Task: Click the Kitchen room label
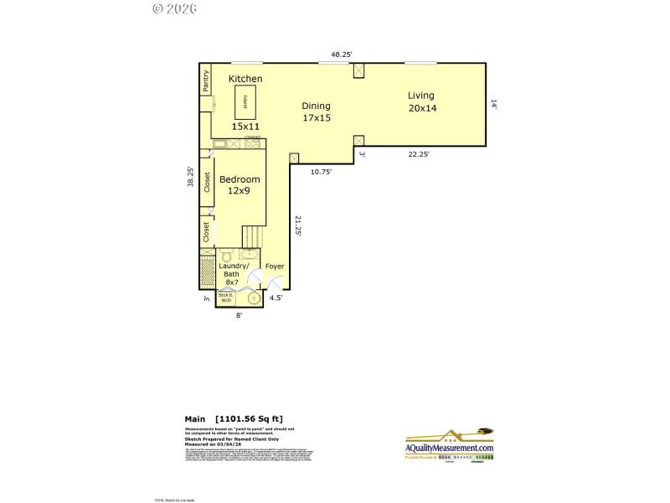pyautogui.click(x=245, y=79)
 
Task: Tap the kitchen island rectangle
pyautogui.click(x=245, y=103)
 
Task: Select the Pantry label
pyautogui.click(x=205, y=81)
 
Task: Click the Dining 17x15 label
pyautogui.click(x=317, y=111)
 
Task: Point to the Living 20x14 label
pyautogui.click(x=422, y=101)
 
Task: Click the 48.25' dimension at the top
pyautogui.click(x=341, y=54)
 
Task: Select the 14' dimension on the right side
pyautogui.click(x=494, y=105)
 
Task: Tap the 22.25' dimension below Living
pyautogui.click(x=419, y=154)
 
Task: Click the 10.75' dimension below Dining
pyautogui.click(x=321, y=172)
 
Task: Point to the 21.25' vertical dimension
pyautogui.click(x=297, y=226)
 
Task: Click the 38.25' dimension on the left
pyautogui.click(x=191, y=178)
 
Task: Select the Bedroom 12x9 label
pyautogui.click(x=240, y=184)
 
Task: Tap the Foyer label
pyautogui.click(x=275, y=267)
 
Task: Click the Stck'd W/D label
pyautogui.click(x=225, y=297)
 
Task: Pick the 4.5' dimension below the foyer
pyautogui.click(x=276, y=298)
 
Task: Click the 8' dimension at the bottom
pyautogui.click(x=239, y=316)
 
